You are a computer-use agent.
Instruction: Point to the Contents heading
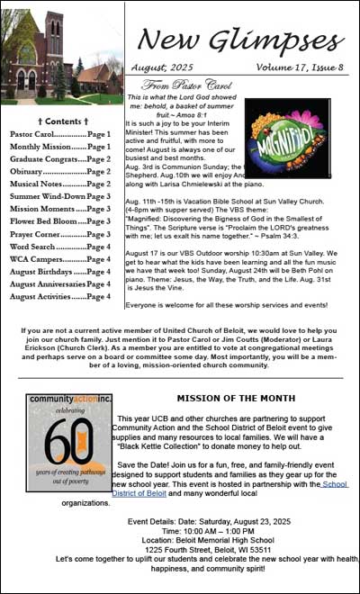pyautogui.click(x=61, y=120)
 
